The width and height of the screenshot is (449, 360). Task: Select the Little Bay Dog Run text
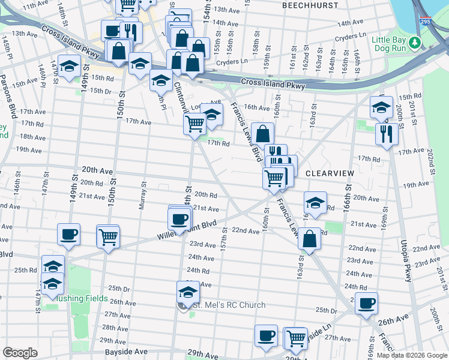(392, 44)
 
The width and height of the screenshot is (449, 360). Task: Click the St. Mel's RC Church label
(229, 305)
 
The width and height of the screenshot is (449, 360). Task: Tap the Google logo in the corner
(20, 353)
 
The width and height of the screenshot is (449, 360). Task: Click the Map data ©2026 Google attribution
(412, 355)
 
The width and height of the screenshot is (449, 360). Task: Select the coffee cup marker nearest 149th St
(68, 234)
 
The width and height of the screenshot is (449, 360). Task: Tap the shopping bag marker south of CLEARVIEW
(309, 239)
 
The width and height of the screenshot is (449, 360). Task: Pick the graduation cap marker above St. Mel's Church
(188, 292)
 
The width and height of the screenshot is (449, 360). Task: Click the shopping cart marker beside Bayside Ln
(296, 338)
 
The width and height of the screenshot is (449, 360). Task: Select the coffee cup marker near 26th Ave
(366, 303)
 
